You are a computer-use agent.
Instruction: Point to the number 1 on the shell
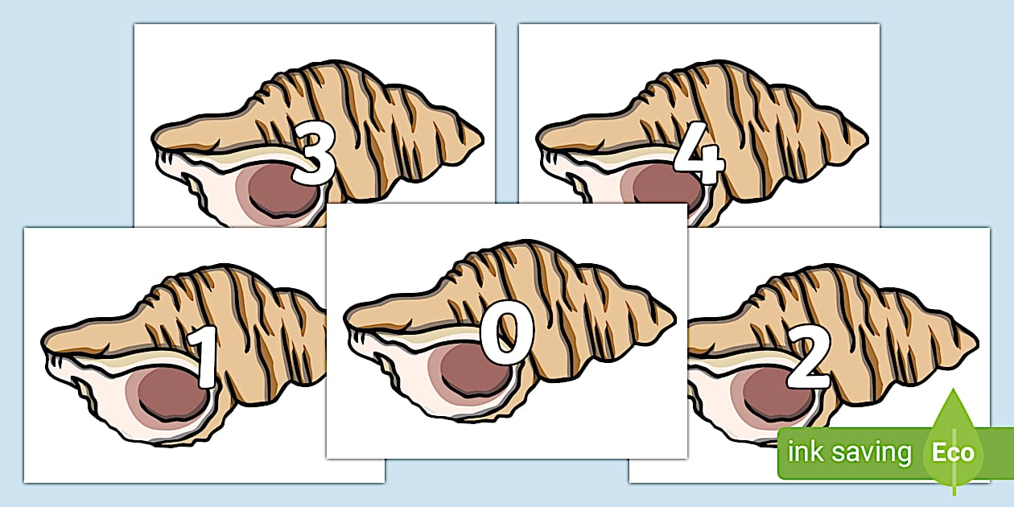click(204, 357)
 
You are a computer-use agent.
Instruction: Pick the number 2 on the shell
click(810, 357)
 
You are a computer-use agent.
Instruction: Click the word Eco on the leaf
click(953, 452)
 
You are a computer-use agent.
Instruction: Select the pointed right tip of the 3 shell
click(483, 139)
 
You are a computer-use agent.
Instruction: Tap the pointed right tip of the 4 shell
click(868, 139)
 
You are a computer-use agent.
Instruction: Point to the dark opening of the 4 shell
click(668, 189)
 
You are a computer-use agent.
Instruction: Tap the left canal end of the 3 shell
click(154, 139)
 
